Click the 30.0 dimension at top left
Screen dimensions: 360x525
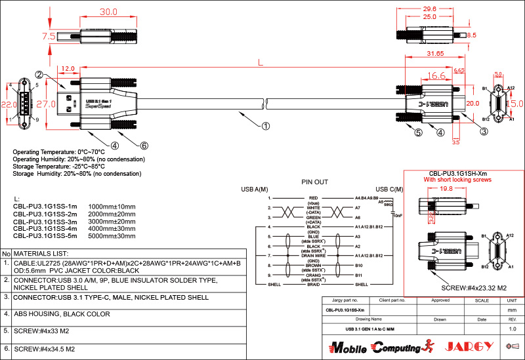coord(108,12)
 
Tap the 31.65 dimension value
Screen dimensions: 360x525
coord(436,53)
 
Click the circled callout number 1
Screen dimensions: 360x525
coord(265,125)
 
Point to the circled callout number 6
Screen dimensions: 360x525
coord(144,146)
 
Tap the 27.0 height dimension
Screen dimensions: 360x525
coord(45,104)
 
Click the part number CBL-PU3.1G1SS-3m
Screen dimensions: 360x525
coord(45,221)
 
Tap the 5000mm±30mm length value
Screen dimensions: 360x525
coord(112,235)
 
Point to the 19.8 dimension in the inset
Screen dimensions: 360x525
coord(446,188)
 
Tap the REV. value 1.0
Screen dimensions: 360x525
coord(513,329)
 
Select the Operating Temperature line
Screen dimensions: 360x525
coord(59,152)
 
